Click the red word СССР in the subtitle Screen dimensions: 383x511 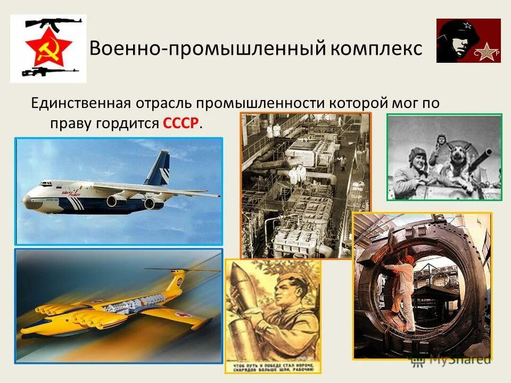(x=181, y=123)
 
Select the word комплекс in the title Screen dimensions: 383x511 (x=376, y=48)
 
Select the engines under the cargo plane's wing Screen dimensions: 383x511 (x=133, y=202)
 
